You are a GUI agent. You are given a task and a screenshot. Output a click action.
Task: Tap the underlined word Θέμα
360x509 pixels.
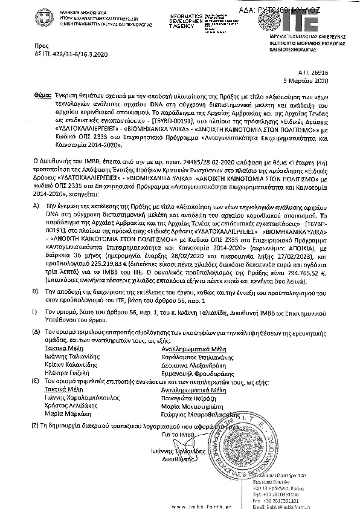coord(42,96)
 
